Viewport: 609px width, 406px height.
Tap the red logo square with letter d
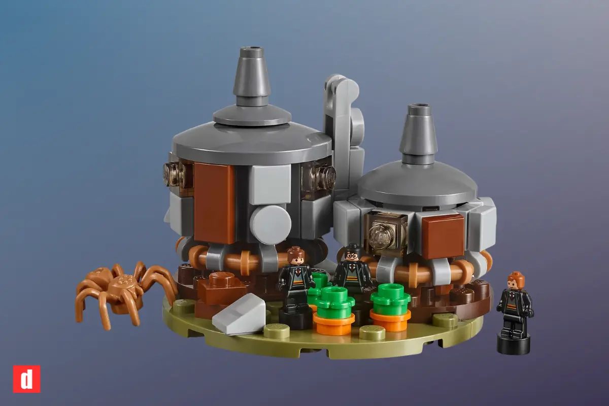coord(26,379)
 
